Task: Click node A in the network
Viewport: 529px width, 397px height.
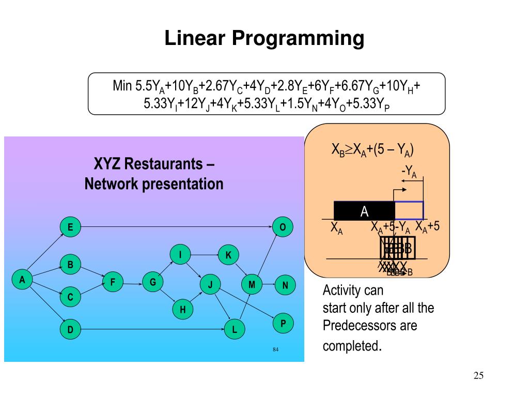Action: click(22, 280)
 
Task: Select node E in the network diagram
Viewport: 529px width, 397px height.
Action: click(70, 227)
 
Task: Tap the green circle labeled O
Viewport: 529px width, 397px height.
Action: click(283, 227)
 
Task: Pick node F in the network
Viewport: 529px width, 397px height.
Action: click(113, 282)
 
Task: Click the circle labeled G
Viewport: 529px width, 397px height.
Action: click(153, 282)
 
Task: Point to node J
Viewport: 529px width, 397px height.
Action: click(210, 284)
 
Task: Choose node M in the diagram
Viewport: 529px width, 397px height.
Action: click(252, 284)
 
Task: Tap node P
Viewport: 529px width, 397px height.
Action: click(283, 324)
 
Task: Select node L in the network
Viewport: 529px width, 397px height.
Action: click(235, 329)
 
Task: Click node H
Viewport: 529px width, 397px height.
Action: click(182, 310)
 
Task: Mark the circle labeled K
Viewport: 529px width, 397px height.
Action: click(228, 254)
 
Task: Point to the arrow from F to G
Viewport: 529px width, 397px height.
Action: click(133, 282)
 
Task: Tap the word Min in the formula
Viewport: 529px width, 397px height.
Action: click(122, 85)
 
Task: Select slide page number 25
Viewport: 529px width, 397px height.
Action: click(478, 375)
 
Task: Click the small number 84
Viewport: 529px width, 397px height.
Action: click(276, 350)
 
